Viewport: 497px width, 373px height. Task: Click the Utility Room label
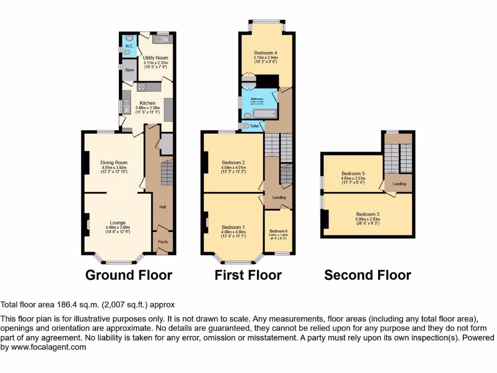tap(155, 58)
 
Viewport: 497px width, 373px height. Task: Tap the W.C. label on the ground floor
tap(129, 46)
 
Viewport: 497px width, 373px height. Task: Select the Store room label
tap(129, 70)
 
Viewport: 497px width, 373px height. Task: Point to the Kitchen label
tap(148, 103)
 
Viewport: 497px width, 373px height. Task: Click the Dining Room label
tap(114, 163)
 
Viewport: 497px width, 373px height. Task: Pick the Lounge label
tap(117, 223)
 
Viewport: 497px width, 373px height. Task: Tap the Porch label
tap(162, 241)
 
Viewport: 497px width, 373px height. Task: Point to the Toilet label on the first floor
tap(255, 126)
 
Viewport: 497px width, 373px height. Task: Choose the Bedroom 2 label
tap(233, 163)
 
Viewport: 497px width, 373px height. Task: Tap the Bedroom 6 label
tap(279, 231)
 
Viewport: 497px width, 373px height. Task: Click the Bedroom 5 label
tap(353, 173)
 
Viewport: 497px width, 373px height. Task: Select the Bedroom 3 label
tap(367, 214)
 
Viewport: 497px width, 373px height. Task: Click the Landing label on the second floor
tap(399, 184)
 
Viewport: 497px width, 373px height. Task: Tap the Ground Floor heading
tap(129, 275)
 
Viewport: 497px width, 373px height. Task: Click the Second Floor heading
tap(367, 275)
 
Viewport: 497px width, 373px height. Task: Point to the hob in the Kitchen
tap(142, 87)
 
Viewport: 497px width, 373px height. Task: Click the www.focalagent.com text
tap(48, 347)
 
